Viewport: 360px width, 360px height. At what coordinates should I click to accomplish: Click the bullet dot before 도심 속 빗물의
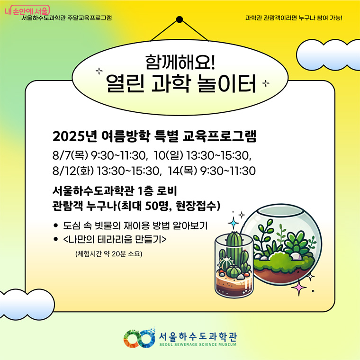point(56,225)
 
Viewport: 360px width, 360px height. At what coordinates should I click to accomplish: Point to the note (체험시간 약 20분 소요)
point(108,254)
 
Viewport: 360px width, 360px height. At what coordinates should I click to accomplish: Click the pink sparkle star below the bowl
point(299,287)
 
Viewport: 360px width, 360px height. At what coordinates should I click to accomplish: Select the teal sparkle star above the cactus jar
point(234,223)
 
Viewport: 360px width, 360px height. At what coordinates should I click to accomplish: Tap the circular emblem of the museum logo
point(140,338)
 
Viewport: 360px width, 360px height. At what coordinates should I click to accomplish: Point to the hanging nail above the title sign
point(180,20)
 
